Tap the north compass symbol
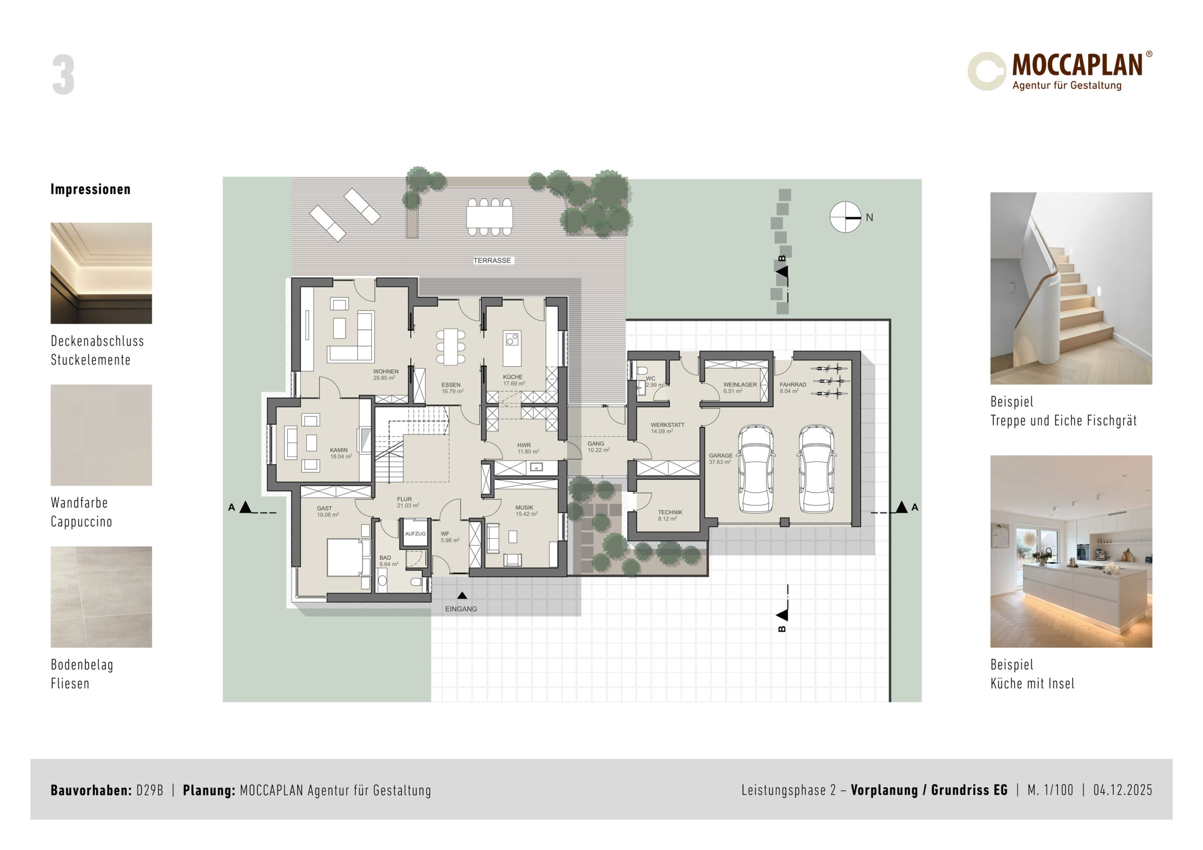tap(845, 217)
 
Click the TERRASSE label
tap(492, 260)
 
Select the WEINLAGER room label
tap(740, 385)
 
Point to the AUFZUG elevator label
tap(415, 533)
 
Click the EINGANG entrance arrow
tap(461, 595)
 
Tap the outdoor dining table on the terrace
tap(489, 217)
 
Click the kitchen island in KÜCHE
tap(512, 348)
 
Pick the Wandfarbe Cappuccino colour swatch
tap(101, 435)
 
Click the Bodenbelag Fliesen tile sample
tap(101, 597)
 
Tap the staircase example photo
tap(1071, 288)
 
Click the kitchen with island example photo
tap(1071, 551)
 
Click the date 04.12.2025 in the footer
tap(1122, 790)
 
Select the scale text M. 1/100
tap(1050, 790)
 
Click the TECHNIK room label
tap(670, 512)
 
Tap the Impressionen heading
tap(91, 189)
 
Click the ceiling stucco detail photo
tap(101, 273)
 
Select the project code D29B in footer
tap(150, 790)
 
